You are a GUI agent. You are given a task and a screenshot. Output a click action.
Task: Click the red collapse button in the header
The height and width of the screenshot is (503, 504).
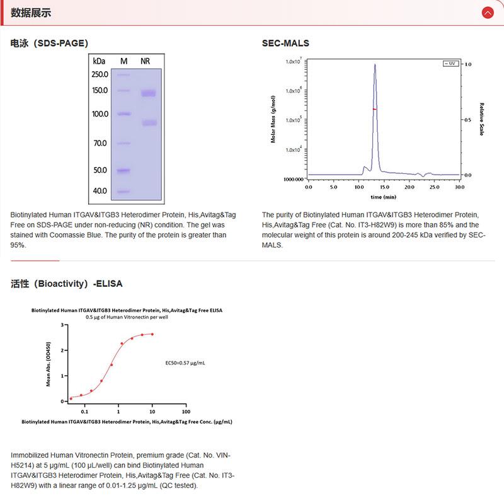[x=487, y=13]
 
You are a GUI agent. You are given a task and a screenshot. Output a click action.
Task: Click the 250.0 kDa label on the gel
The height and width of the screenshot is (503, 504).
[x=100, y=74]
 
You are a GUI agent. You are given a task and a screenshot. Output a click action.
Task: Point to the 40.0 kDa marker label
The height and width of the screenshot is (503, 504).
[x=100, y=190]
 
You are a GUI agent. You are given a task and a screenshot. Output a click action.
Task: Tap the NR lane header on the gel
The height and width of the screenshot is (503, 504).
[x=146, y=61]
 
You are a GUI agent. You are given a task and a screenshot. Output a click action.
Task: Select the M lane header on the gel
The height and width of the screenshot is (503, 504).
[x=123, y=61]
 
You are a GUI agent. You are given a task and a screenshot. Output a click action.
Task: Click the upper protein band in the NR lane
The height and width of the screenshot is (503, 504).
[x=148, y=94]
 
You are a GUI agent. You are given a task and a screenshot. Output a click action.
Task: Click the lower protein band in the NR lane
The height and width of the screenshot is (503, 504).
[x=148, y=123]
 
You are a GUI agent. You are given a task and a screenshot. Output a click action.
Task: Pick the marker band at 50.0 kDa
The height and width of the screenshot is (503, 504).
[x=123, y=170]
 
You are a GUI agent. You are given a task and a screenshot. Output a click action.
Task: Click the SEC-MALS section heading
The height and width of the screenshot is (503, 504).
[x=285, y=43]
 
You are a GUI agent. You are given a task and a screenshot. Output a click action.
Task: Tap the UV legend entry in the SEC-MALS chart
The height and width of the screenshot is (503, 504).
[x=450, y=64]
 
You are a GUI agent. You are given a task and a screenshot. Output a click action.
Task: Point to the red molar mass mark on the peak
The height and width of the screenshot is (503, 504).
[x=375, y=109]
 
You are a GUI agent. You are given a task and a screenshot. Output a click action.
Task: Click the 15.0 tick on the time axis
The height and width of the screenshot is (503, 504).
[x=384, y=187]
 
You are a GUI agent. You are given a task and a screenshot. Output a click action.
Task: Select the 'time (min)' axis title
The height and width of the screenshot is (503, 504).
[x=383, y=197]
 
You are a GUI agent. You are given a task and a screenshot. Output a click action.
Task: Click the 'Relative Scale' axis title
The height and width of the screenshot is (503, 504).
[x=481, y=119]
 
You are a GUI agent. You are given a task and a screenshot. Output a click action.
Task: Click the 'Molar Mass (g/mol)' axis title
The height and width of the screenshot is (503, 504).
[x=273, y=119]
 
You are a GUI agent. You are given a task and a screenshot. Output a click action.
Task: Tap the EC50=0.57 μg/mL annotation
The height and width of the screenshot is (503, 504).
[x=184, y=363]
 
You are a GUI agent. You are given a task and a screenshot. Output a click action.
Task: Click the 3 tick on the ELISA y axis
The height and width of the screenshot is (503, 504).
[x=62, y=325]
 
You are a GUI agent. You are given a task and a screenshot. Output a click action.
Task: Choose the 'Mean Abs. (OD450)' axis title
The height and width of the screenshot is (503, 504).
[x=49, y=363]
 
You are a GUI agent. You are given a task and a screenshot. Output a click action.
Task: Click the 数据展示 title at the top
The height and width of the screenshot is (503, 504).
[x=31, y=13]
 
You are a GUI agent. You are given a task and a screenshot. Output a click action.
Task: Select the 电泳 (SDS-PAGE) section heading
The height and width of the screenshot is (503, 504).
[x=49, y=43]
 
